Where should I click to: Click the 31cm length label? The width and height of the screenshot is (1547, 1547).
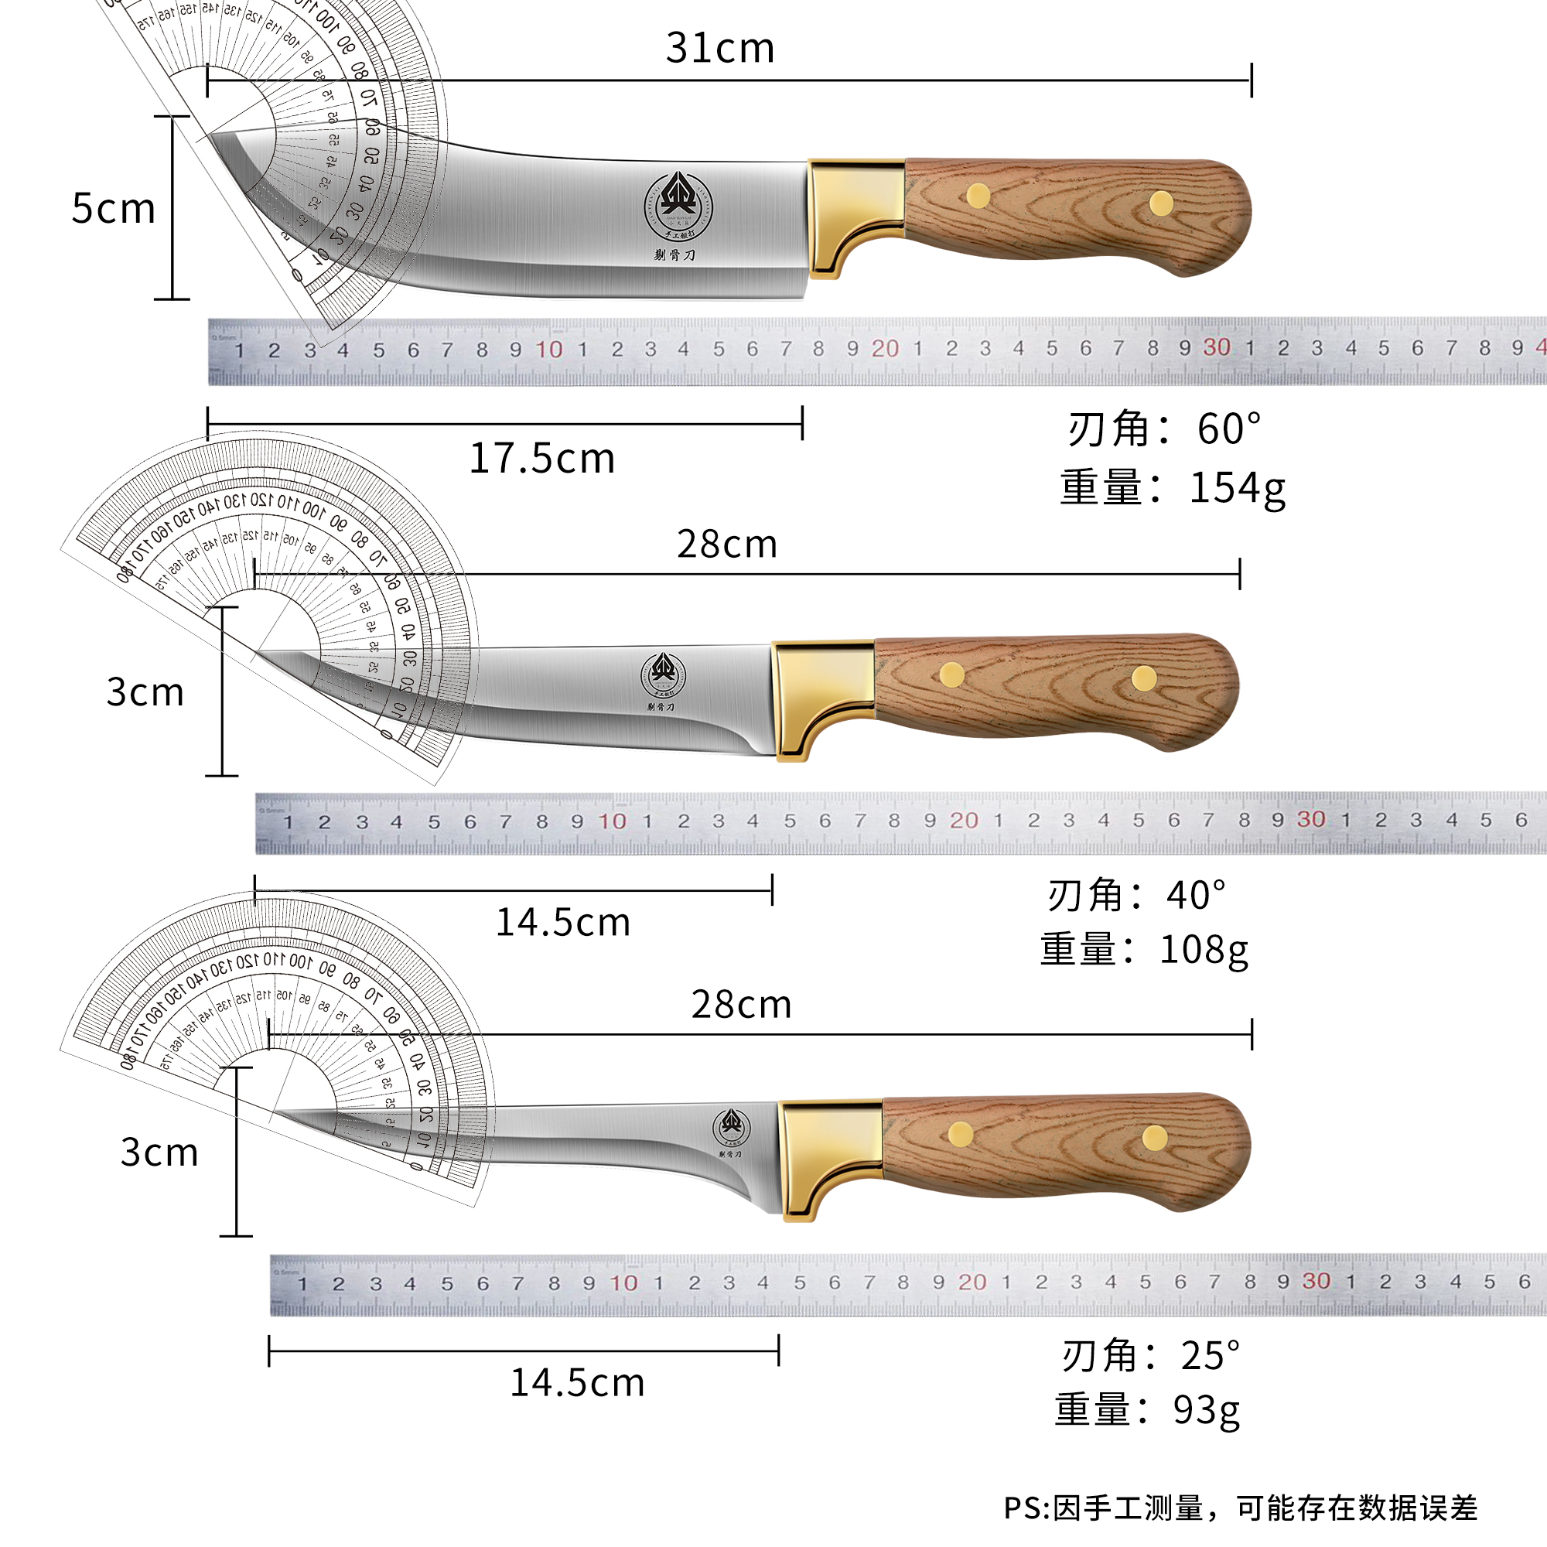point(720,48)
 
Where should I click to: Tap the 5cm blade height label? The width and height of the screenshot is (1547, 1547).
point(113,209)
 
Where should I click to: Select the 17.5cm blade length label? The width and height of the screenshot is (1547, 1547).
point(541,459)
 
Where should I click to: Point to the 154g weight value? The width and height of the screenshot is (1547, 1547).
point(1237,487)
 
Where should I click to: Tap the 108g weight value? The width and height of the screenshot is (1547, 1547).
point(1204,951)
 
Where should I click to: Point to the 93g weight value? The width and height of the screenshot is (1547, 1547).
point(1206,1410)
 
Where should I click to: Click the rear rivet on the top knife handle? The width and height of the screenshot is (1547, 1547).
point(1161,203)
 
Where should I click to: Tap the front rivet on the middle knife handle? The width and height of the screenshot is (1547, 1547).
point(952,675)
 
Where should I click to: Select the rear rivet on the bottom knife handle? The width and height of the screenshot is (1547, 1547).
point(1155,1137)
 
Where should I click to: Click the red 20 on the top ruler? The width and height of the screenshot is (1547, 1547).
point(885,348)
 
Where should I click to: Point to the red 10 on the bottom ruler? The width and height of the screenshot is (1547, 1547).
point(623,1282)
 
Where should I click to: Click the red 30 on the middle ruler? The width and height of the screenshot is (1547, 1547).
point(1311,819)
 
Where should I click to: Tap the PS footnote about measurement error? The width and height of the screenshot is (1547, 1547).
point(1241,1508)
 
